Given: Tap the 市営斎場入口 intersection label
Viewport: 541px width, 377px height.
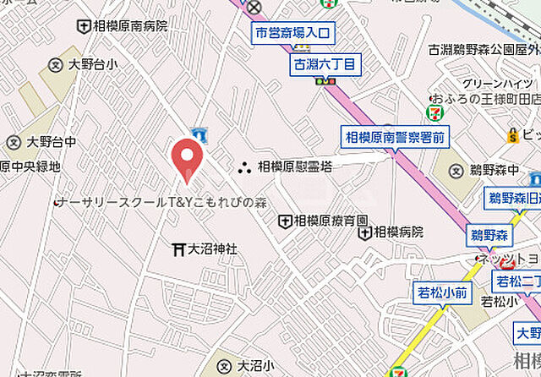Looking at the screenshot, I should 295,34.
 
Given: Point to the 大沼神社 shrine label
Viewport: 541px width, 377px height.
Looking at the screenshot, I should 212,249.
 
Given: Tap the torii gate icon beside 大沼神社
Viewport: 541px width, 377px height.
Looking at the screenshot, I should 178,249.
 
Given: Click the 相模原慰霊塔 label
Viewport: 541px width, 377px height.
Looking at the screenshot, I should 295,167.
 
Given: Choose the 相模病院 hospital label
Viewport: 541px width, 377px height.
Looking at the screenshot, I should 398,231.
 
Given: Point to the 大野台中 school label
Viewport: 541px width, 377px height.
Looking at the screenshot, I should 51,141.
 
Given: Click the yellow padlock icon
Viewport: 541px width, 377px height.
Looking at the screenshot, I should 512,134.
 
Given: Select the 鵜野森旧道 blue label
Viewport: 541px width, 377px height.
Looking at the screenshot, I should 514,198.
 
